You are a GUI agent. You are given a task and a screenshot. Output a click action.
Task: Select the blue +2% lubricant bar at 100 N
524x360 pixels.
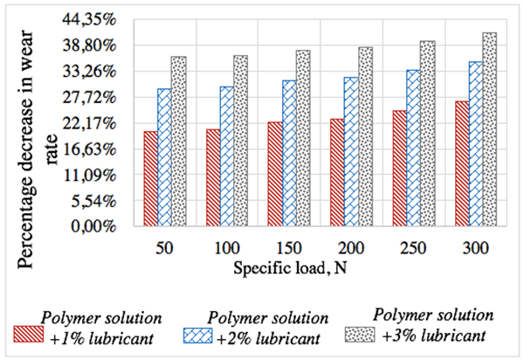click(x=226, y=156)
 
